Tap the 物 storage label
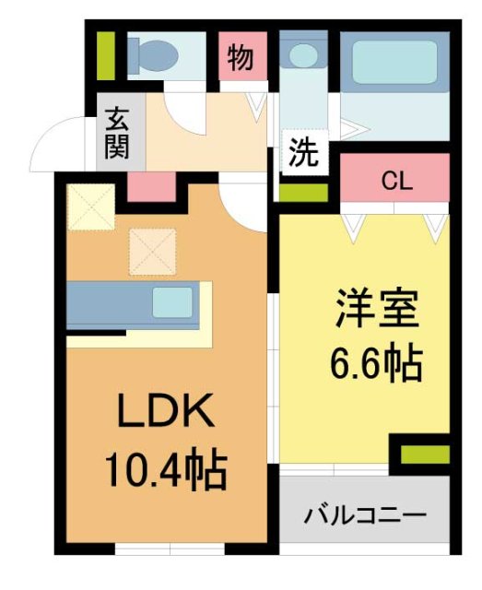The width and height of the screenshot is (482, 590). [241, 57]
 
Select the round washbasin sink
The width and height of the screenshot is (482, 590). [301, 56]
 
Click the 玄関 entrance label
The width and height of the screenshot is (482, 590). [117, 132]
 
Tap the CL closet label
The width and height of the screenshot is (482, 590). [395, 181]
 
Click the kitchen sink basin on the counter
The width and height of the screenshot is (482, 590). [172, 301]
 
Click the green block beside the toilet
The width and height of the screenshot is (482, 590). [107, 55]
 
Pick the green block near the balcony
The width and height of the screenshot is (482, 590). [424, 454]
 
